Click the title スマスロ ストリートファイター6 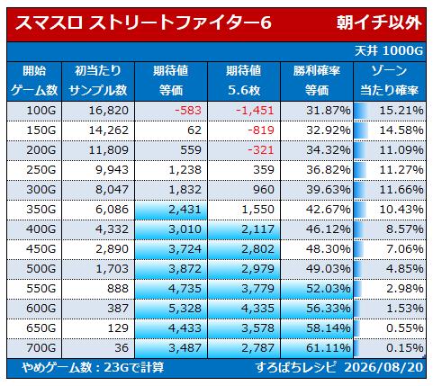143,22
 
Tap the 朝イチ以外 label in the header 379,22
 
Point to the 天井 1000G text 389,51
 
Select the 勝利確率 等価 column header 317,81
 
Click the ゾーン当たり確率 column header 389,81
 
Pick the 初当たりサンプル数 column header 98,81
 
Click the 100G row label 41,111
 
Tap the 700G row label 41,348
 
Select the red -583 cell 188,111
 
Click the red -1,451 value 255,111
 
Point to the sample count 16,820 109,111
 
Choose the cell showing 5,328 185,309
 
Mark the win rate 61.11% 329,348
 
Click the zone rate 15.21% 401,111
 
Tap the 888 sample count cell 118,289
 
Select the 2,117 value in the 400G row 257,229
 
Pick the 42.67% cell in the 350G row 329,210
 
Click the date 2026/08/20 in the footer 383,367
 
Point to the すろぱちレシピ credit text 296,367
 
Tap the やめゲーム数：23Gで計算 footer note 93,367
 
